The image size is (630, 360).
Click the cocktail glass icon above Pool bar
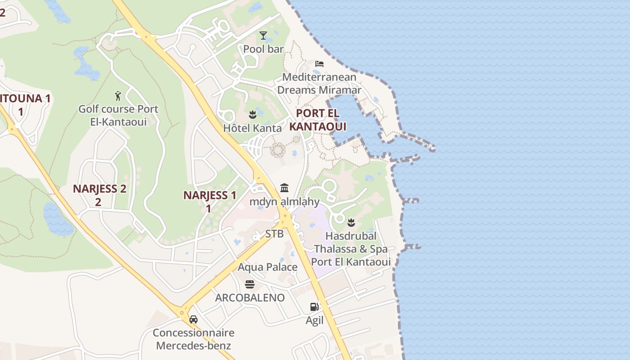click(263, 36)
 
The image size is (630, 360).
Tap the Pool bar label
click(263, 49)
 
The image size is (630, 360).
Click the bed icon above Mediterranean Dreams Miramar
click(319, 63)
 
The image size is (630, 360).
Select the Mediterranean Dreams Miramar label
click(319, 83)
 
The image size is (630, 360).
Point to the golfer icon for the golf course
click(118, 96)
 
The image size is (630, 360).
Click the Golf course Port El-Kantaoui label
click(118, 115)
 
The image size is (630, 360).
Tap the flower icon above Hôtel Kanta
click(252, 115)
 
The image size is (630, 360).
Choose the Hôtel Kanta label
click(252, 128)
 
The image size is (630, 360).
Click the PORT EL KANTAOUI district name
click(318, 120)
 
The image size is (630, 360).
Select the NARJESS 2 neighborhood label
click(99, 195)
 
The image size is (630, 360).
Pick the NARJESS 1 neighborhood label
click(210, 201)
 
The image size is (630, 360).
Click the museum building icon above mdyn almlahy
click(284, 188)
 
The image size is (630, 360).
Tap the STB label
click(274, 234)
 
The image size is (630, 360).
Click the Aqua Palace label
click(267, 267)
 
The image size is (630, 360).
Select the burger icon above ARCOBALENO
click(250, 284)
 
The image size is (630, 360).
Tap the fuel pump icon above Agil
click(315, 307)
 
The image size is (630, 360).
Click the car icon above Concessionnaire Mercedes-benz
click(193, 319)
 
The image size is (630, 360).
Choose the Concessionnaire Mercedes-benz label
click(193, 339)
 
